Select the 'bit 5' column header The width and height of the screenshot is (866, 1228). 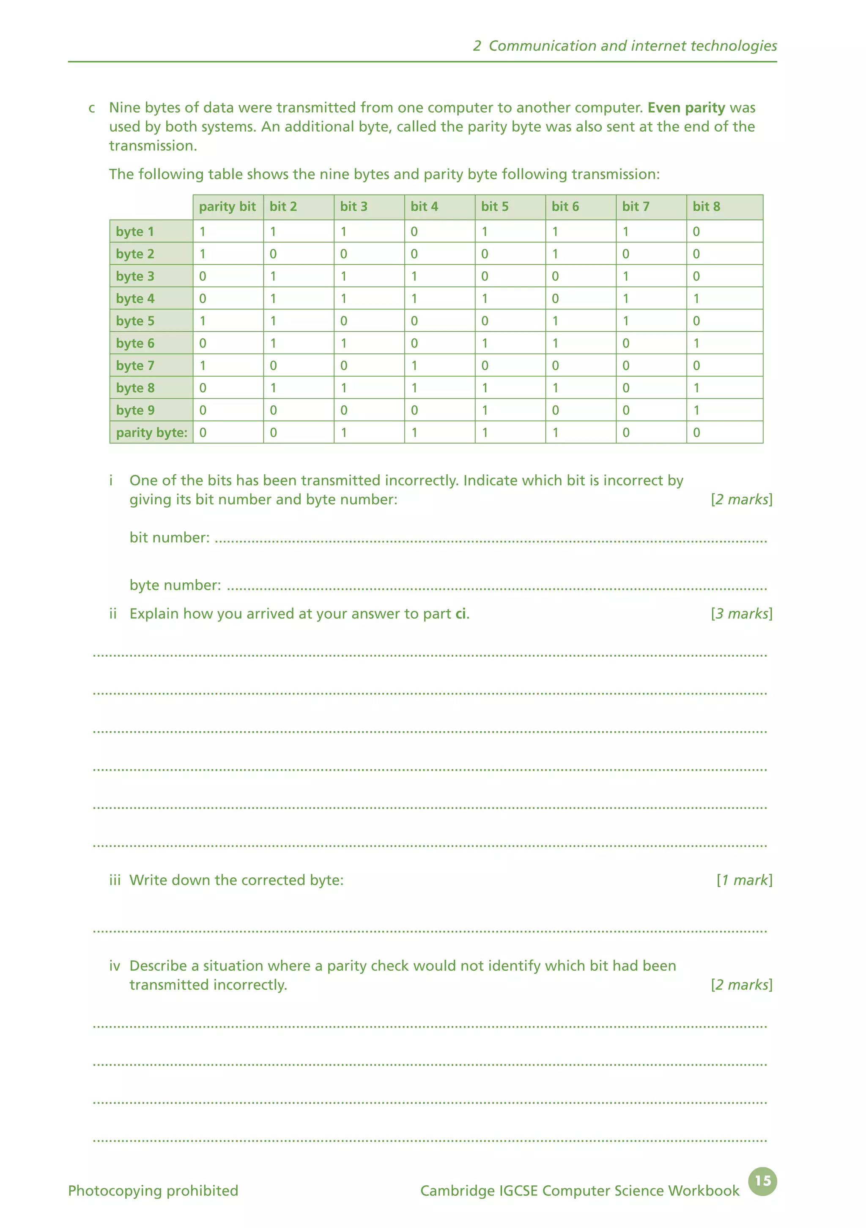(x=494, y=207)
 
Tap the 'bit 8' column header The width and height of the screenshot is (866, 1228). (x=706, y=207)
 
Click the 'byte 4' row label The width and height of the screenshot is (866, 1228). (x=135, y=298)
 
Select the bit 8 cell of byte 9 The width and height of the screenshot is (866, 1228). (x=696, y=410)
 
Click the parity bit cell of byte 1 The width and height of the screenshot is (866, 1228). (x=203, y=231)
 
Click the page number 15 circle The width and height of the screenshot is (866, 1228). (x=762, y=1181)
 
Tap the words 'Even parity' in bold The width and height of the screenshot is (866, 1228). (x=686, y=107)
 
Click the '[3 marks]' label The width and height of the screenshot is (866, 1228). (x=741, y=614)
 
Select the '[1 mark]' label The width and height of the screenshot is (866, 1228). (x=744, y=880)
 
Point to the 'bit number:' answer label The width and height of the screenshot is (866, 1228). (x=170, y=537)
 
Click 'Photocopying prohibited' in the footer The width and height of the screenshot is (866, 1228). (x=153, y=1191)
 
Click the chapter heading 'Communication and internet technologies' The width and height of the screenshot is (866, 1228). (x=633, y=46)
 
